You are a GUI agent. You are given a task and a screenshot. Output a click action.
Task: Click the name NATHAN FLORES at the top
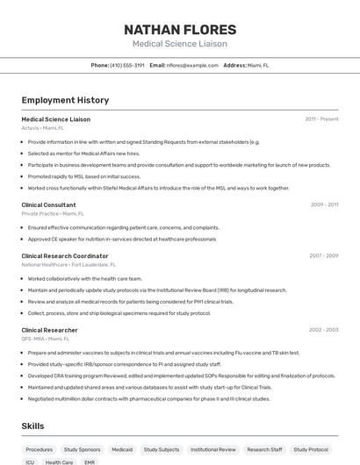(x=179, y=29)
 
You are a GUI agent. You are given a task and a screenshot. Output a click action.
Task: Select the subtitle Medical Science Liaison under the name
(x=179, y=44)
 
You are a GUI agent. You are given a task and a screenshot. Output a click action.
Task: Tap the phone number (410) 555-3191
(x=127, y=65)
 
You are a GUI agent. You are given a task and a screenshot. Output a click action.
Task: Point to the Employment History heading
(x=65, y=101)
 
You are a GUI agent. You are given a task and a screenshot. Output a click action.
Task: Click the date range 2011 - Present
(x=321, y=118)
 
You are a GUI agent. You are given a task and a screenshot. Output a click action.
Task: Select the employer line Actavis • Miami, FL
(x=43, y=127)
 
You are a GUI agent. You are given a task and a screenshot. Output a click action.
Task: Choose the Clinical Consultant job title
(x=48, y=204)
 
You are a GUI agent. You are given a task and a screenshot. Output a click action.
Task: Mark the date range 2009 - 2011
(x=324, y=204)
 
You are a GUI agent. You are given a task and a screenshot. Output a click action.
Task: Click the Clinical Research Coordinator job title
(x=65, y=256)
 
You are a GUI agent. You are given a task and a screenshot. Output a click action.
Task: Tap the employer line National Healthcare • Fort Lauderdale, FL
(x=68, y=264)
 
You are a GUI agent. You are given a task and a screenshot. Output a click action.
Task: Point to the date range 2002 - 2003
(x=323, y=330)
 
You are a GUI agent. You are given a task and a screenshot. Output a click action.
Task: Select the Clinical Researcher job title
(x=49, y=330)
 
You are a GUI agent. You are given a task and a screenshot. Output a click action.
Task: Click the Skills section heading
(x=33, y=426)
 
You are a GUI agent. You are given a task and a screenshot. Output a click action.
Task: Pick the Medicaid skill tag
(x=122, y=449)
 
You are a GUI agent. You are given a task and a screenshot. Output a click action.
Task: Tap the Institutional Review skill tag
(x=214, y=449)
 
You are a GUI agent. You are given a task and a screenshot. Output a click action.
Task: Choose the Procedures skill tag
(x=40, y=449)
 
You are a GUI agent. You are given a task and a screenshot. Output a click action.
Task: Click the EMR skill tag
(x=90, y=462)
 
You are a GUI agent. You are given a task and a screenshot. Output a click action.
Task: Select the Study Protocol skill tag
(x=313, y=449)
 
